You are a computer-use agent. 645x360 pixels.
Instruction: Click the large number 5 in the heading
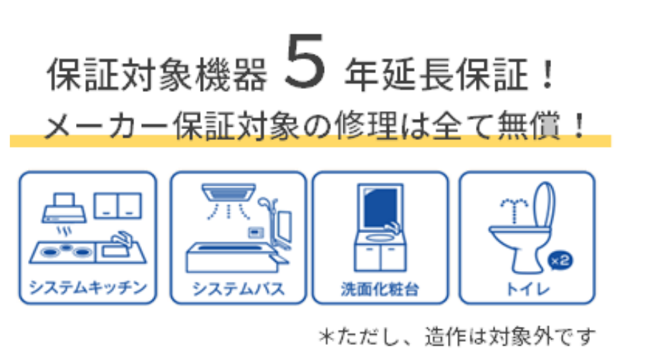[x=305, y=61]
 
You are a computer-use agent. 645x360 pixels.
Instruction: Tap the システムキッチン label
[x=88, y=287]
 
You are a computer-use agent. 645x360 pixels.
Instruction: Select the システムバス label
[x=239, y=289]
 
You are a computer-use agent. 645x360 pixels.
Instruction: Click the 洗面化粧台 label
[x=380, y=289]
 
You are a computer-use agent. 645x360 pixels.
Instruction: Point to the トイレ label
[x=527, y=289]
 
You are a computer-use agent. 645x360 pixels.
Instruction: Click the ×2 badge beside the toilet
[x=560, y=260]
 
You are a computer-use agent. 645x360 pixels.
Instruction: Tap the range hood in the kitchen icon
[x=64, y=208]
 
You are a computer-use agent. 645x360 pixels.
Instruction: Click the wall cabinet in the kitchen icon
[x=118, y=205]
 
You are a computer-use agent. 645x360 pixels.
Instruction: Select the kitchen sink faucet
[x=122, y=239]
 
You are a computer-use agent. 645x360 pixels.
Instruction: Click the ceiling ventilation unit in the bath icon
[x=229, y=192]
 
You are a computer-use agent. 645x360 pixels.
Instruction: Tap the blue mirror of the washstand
[x=381, y=207]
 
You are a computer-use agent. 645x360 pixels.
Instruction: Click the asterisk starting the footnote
[x=327, y=337]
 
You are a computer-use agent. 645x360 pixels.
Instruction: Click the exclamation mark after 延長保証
[x=548, y=74]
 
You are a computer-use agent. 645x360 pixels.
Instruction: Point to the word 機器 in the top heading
[x=231, y=75]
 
